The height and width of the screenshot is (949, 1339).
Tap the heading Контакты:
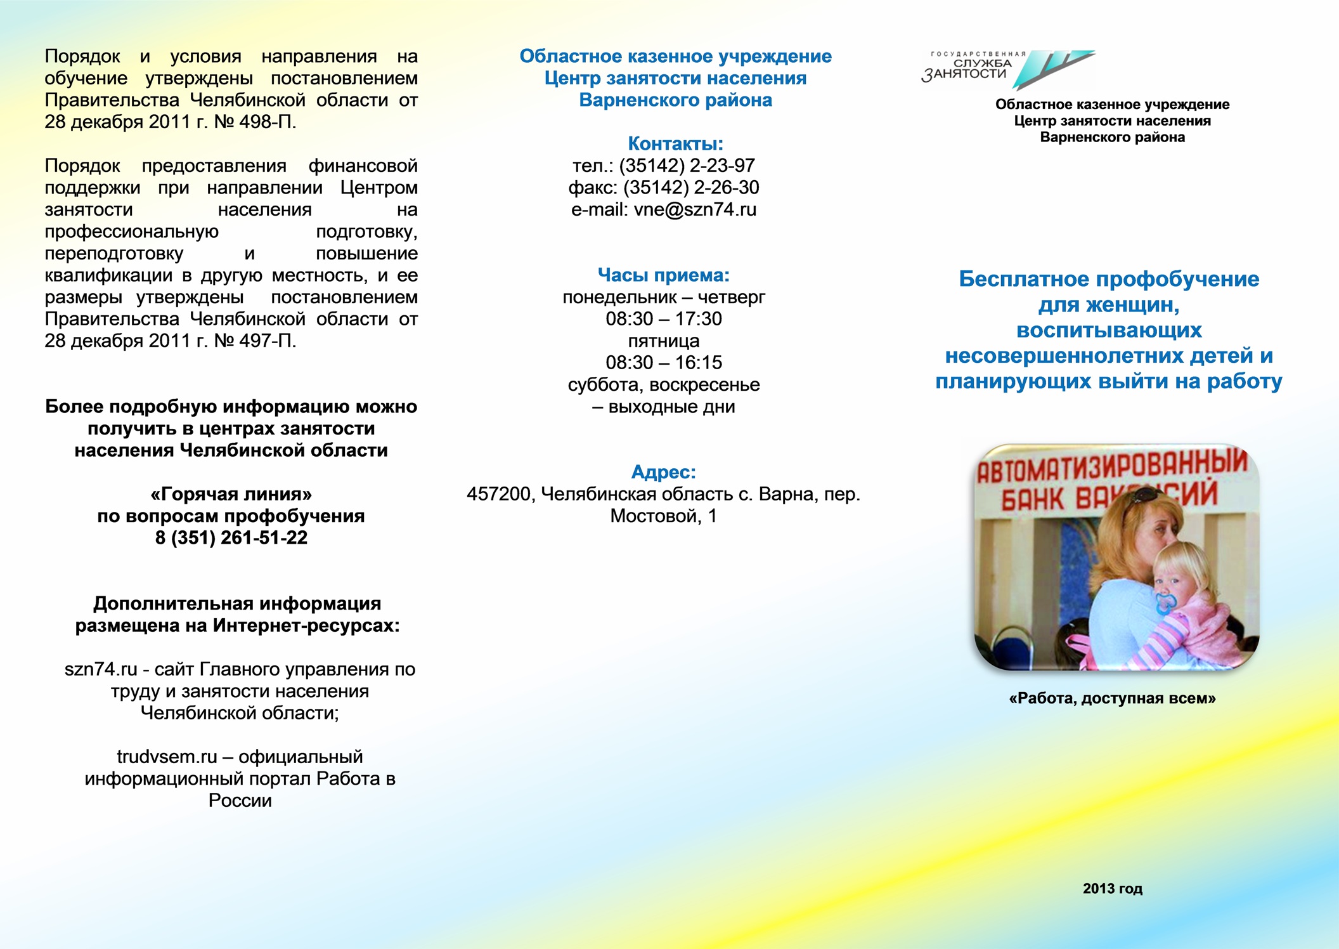point(675,143)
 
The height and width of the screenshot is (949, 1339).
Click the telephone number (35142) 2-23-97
point(687,166)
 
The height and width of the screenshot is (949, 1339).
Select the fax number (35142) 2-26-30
point(691,188)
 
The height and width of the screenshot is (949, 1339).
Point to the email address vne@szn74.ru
point(695,209)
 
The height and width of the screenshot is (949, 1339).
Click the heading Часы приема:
point(663,275)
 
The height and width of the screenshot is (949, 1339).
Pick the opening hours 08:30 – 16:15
point(663,363)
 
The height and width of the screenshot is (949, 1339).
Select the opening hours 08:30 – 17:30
point(663,319)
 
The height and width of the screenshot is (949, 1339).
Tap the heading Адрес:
point(663,472)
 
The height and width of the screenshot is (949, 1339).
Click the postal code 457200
point(498,494)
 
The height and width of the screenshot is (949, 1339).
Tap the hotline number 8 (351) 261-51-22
point(231,538)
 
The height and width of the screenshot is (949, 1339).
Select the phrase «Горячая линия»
point(231,494)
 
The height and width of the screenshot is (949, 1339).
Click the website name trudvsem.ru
point(166,757)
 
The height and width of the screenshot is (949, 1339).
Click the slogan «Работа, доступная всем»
point(1112,698)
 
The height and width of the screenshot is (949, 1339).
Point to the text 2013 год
point(1112,889)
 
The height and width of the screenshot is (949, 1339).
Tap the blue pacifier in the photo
point(1165,603)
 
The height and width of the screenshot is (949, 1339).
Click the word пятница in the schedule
point(663,341)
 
